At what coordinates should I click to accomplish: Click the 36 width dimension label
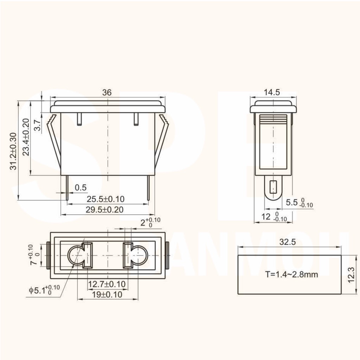click(107, 92)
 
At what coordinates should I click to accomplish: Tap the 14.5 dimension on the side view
click(272, 92)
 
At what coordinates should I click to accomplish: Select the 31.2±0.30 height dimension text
click(14, 151)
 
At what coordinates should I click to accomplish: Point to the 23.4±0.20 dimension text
click(26, 137)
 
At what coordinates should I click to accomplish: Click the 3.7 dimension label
click(37, 125)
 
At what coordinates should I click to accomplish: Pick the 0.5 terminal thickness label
click(81, 188)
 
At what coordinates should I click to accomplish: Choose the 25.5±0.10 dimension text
click(105, 199)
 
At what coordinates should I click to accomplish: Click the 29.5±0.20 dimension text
click(104, 210)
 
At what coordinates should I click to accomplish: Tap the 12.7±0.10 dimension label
click(107, 284)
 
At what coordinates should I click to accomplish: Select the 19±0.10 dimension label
click(107, 295)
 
